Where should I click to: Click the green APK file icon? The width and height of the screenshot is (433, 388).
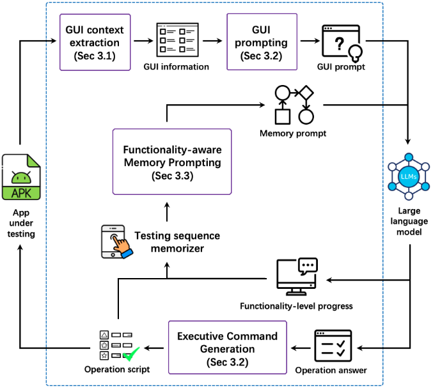[20, 177]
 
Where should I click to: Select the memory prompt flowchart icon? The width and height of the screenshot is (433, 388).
[294, 104]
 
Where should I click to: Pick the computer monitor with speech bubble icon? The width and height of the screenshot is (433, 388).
[296, 275]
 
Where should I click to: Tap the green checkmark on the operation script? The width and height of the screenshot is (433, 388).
[132, 353]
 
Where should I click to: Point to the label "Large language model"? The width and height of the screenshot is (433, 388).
[409, 221]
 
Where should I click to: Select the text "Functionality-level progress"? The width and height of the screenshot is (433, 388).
[296, 306]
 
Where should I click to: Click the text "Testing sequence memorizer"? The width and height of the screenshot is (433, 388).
[177, 242]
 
